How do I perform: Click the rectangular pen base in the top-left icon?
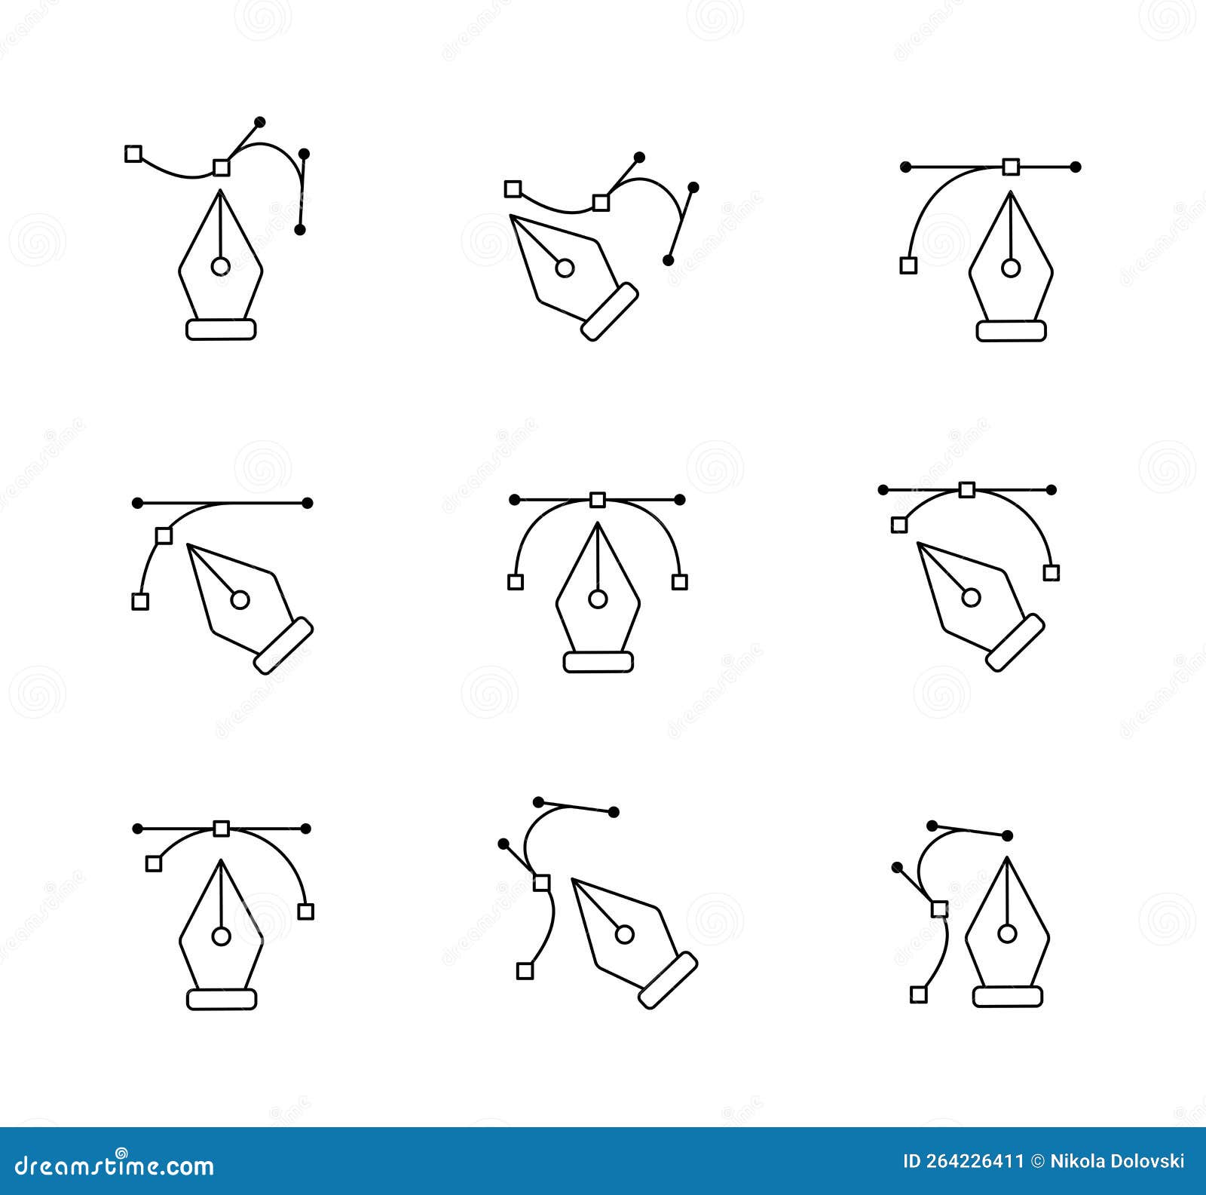pos(221,329)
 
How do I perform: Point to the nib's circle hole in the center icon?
pos(598,599)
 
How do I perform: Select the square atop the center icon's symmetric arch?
pos(598,499)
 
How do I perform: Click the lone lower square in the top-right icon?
pos(909,265)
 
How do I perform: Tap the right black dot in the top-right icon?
pos(1076,167)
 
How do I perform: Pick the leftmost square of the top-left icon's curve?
pos(133,154)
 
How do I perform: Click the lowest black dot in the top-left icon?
pos(300,229)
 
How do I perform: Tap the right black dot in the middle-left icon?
pos(307,503)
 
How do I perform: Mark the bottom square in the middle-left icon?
pos(140,601)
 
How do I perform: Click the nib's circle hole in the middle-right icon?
pos(971,598)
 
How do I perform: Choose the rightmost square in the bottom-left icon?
pos(305,912)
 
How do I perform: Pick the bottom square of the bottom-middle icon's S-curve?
pos(525,971)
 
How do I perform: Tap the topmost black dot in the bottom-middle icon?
pos(538,801)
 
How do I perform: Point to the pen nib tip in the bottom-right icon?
pos(1008,859)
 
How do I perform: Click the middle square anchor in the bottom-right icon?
pos(939,909)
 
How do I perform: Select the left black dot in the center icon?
pos(515,499)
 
